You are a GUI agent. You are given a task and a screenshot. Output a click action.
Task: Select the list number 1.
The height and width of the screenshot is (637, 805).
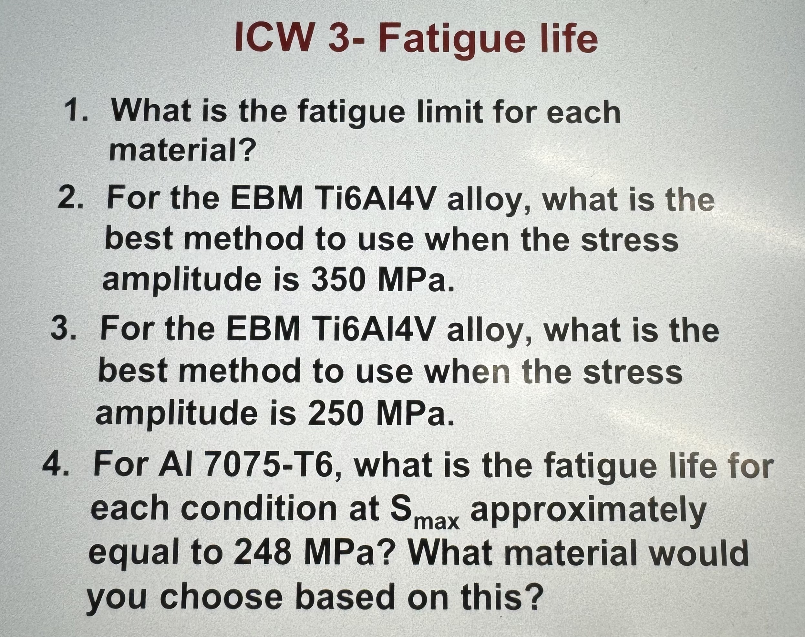coord(77,111)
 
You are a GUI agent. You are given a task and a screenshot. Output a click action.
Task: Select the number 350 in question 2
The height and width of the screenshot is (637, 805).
coord(338,280)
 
